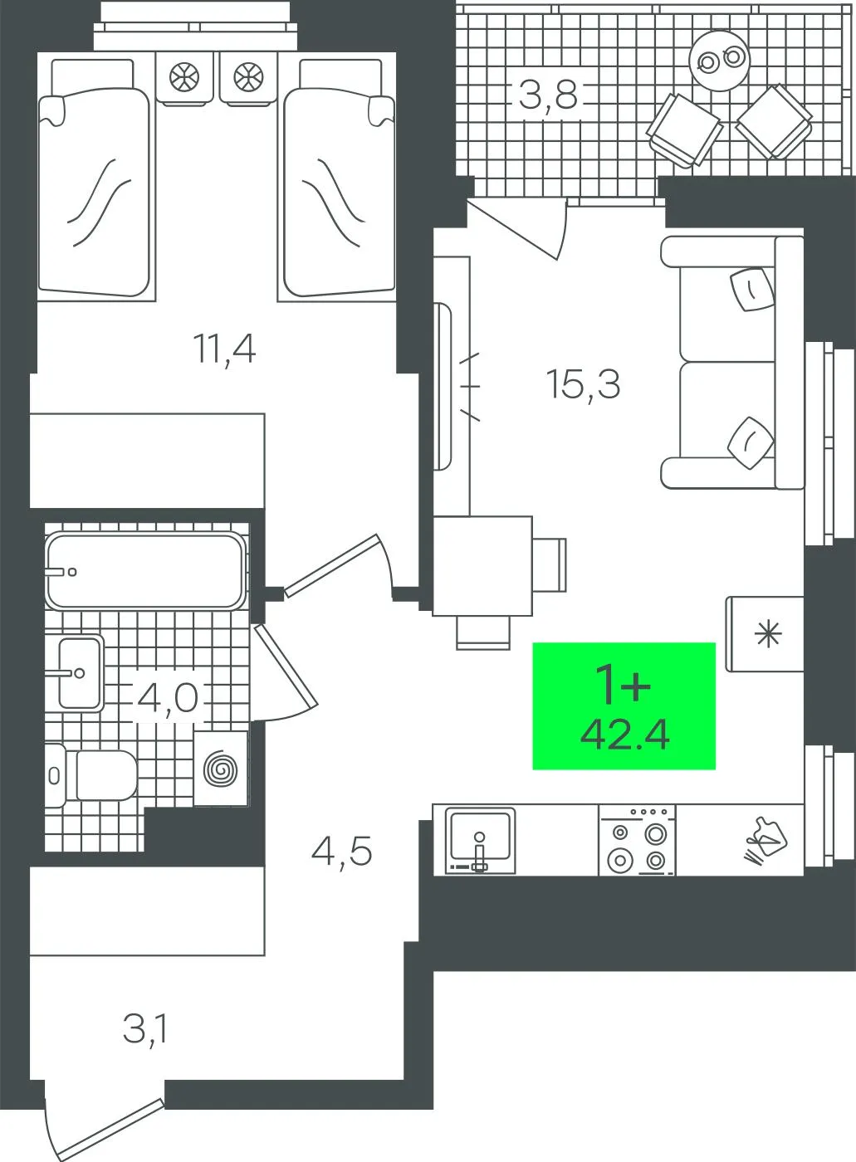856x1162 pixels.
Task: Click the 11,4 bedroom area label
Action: click(x=224, y=349)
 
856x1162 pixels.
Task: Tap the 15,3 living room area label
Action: click(x=583, y=384)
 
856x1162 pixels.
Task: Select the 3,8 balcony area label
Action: click(x=548, y=95)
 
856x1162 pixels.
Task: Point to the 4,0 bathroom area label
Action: click(x=167, y=698)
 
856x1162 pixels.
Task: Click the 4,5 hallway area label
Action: click(x=341, y=852)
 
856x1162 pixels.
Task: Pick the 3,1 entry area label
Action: click(x=145, y=1028)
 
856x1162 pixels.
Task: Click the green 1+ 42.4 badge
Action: click(x=624, y=706)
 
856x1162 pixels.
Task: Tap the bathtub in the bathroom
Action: click(x=145, y=571)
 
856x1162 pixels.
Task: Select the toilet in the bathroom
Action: click(x=91, y=776)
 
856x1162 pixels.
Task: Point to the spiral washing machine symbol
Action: click(x=221, y=769)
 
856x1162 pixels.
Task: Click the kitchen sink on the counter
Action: click(x=481, y=840)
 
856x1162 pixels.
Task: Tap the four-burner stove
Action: click(x=638, y=841)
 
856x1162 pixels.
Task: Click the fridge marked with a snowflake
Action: click(x=765, y=634)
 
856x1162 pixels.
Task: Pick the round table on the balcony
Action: click(x=720, y=61)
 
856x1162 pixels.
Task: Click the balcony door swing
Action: click(x=519, y=228)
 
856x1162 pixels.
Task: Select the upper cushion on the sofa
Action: click(x=751, y=289)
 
